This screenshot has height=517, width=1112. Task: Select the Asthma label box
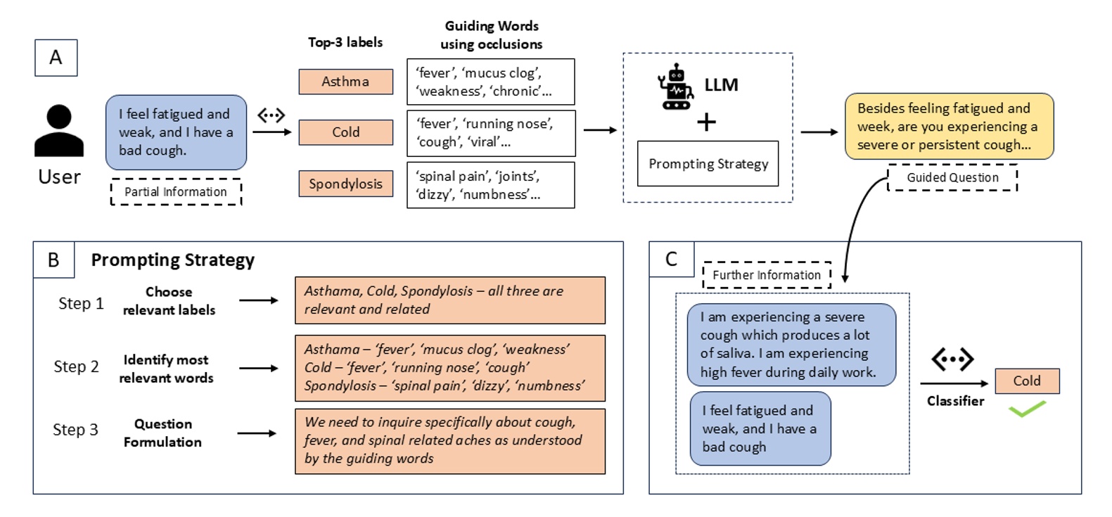345,82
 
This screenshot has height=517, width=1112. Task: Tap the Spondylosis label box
345,184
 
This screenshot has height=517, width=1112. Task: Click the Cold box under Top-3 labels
345,132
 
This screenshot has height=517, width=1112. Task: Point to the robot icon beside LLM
675,87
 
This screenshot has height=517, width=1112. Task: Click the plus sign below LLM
706,122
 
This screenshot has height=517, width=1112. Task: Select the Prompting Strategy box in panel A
708,164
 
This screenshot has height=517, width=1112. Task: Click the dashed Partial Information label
176,192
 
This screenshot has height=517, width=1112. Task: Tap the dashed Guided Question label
952,178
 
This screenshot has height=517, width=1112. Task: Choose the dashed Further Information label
767,275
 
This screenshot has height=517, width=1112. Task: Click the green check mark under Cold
1027,409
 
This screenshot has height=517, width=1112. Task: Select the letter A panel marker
56,58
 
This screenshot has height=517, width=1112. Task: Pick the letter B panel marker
53,260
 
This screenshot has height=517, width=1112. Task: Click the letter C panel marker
671,260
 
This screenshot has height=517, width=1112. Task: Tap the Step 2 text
76,367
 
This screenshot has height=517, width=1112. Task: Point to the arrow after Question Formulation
257,433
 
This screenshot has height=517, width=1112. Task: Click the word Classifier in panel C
955,401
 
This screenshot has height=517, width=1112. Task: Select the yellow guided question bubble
949,127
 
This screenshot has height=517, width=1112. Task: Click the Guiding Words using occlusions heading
492,35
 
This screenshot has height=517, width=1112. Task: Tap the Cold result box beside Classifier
1027,381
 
